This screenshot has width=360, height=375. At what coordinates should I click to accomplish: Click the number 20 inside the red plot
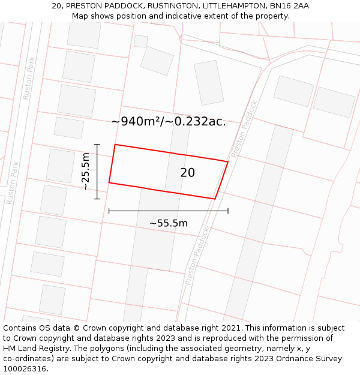pos(187,173)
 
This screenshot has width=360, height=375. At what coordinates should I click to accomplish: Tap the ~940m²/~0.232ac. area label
pos(169,121)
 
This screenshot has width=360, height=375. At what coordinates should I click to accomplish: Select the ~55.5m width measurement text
pos(169,223)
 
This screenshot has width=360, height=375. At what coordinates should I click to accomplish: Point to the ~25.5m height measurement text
pos(86,171)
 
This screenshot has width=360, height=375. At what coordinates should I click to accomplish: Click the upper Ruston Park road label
pos(29,78)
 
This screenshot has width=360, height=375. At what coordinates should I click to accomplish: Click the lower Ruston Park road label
pos(13,183)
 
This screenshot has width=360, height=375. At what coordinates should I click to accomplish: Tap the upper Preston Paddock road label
pos(244,128)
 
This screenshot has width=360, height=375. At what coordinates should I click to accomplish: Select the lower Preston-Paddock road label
pos(197,255)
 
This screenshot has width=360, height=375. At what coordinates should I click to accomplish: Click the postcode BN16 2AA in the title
pos(289,6)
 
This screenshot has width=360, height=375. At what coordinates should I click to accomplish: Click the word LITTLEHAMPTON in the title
pos(232,6)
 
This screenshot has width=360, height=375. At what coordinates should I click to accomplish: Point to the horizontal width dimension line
pos(169,211)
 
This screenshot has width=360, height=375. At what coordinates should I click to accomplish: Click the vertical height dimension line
pos(97,171)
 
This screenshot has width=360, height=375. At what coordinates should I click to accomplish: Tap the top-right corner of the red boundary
pos(228,161)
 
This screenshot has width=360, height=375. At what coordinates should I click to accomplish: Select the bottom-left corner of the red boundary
pos(109,182)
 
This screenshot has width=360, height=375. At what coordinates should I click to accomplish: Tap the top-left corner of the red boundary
pos(115,145)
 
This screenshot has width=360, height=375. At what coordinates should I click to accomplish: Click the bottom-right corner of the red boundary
pos(215,199)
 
